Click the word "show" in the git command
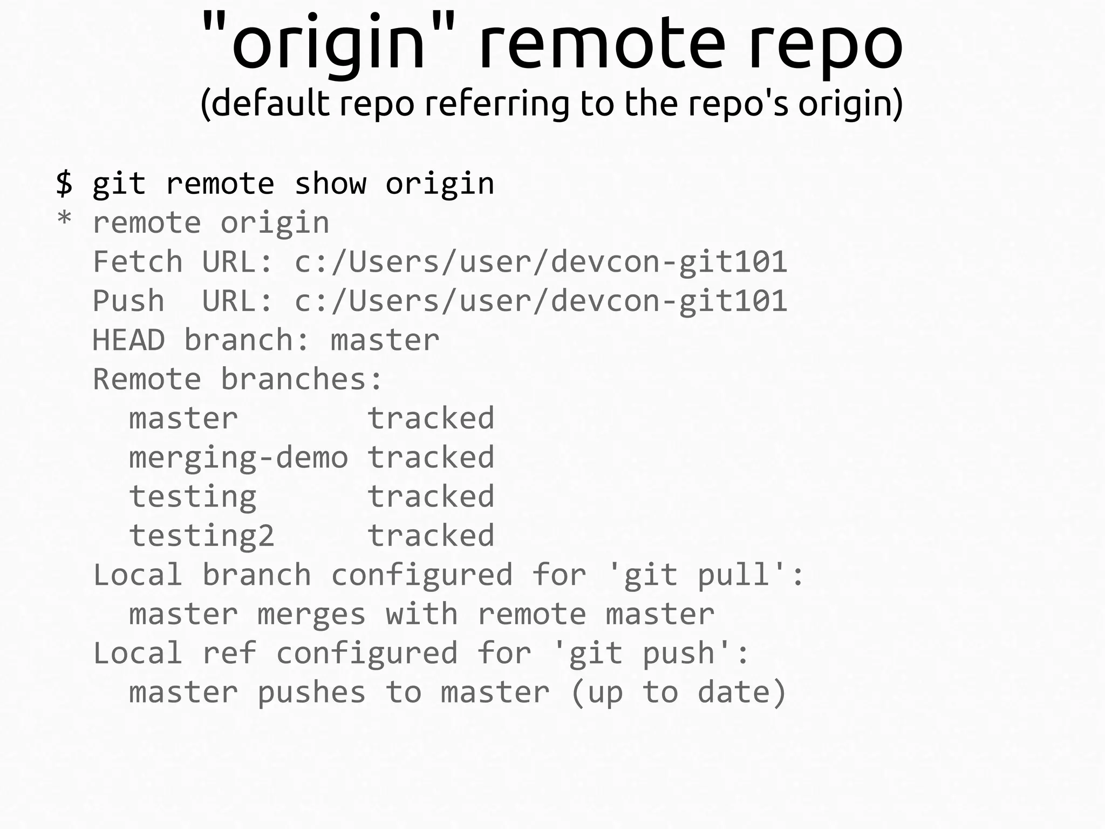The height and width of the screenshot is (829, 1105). pyautogui.click(x=330, y=184)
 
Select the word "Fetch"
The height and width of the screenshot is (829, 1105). pyautogui.click(x=138, y=262)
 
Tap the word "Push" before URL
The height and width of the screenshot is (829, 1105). pyautogui.click(x=128, y=301)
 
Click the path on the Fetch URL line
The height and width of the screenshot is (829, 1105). pyautogui.click(x=541, y=262)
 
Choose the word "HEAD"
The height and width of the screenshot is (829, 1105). pyautogui.click(x=128, y=340)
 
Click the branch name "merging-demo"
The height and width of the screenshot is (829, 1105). pyautogui.click(x=238, y=458)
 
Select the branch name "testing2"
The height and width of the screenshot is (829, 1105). pyautogui.click(x=201, y=536)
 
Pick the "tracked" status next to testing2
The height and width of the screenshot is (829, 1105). pyautogui.click(x=431, y=536)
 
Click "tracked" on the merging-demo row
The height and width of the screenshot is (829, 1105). pyautogui.click(x=431, y=457)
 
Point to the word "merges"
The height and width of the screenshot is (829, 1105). pyautogui.click(x=311, y=615)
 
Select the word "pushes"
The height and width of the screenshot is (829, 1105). pyautogui.click(x=311, y=693)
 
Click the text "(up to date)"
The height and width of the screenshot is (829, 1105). pyautogui.click(x=678, y=693)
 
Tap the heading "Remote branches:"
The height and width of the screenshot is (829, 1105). pyautogui.click(x=237, y=379)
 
